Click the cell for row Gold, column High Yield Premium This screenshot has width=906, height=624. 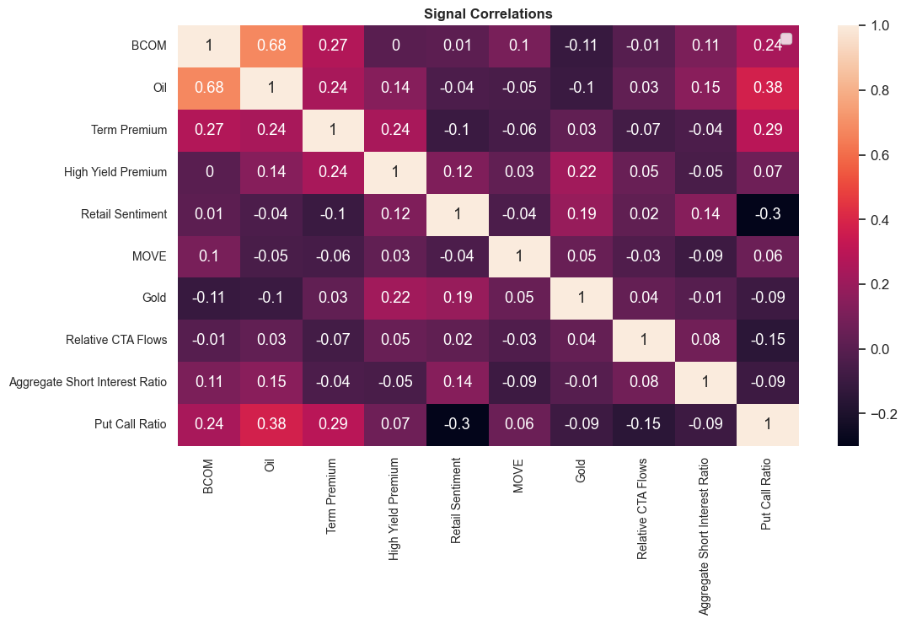pos(394,299)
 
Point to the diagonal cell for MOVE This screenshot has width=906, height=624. pos(520,256)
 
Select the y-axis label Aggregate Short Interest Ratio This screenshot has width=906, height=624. pos(88,383)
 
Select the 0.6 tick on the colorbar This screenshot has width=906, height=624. pos(879,155)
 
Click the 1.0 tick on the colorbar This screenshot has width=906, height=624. pos(879,26)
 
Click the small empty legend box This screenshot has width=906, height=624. pos(786,38)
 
